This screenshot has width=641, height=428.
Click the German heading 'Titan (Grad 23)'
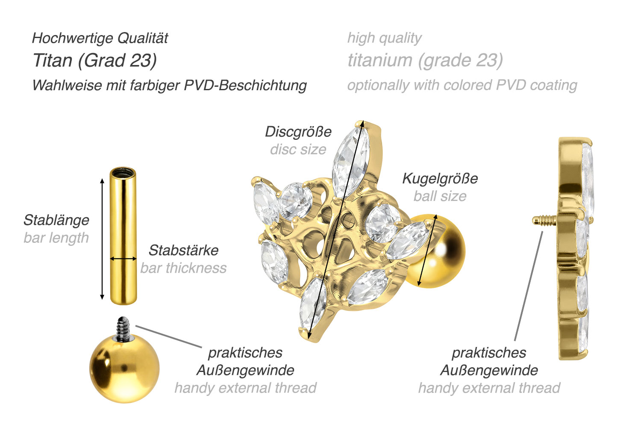point(95,60)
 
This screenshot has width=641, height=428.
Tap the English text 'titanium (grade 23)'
point(425,60)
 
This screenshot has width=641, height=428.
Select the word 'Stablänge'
point(56,220)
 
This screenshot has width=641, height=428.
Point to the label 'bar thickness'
point(183,268)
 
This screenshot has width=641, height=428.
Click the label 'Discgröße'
point(298,132)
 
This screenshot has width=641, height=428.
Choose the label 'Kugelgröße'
point(440,178)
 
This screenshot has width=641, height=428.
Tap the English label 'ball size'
point(440,196)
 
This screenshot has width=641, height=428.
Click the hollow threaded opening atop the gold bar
point(123,173)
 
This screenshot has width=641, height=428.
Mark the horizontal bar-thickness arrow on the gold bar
point(123,259)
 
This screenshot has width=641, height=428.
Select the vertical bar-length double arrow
point(102,239)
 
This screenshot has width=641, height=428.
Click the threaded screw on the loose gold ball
point(123,329)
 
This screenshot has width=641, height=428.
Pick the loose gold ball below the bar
point(124,369)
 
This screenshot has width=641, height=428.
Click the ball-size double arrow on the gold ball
point(427,251)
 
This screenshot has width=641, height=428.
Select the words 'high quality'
point(384,38)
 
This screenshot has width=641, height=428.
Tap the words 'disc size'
point(298,150)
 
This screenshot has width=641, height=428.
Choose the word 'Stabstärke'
point(183,250)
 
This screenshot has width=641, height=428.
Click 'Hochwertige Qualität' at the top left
point(100,38)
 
